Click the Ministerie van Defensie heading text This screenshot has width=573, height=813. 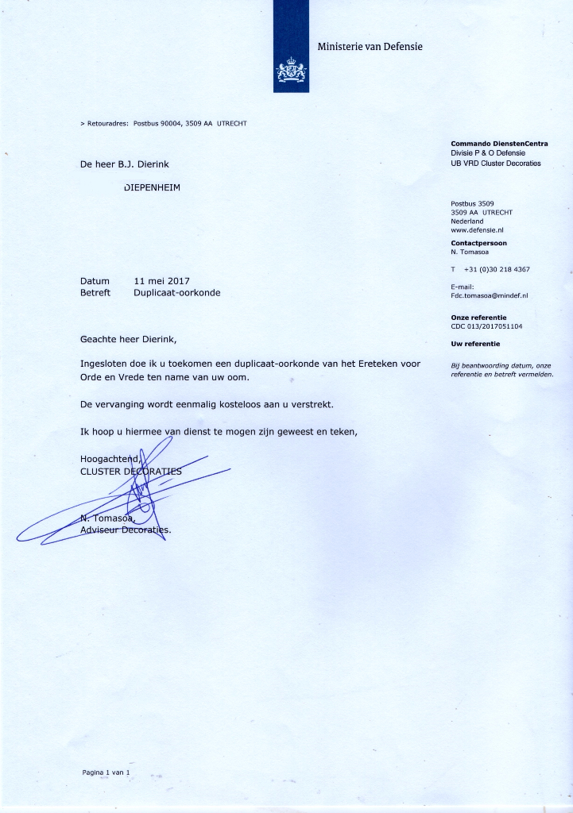click(x=370, y=47)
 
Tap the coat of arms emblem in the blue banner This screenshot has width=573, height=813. click(x=291, y=71)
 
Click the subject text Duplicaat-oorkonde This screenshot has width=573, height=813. click(x=176, y=292)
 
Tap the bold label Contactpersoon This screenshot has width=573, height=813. click(x=478, y=243)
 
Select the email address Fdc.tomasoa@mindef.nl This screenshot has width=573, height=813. click(x=489, y=295)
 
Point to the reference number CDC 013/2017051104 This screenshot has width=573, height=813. click(x=486, y=326)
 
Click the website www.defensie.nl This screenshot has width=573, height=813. click(x=478, y=229)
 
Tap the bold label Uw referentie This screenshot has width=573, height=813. click(x=475, y=344)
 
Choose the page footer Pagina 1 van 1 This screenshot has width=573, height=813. click(x=105, y=772)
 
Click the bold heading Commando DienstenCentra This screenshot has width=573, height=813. click(x=497, y=144)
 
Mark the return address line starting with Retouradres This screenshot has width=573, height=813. click(x=164, y=124)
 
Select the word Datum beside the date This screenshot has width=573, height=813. click(x=95, y=281)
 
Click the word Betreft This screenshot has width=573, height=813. click(x=95, y=292)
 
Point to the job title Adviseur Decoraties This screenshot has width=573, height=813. click(x=126, y=530)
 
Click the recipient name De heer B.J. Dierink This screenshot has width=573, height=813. click(x=125, y=164)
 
